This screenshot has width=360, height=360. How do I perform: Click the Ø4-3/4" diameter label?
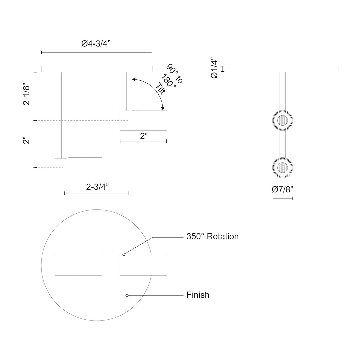pyautogui.click(x=97, y=44)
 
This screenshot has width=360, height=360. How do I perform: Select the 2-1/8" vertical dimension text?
pyautogui.click(x=27, y=95)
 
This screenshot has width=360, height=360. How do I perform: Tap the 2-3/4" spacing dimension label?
pyautogui.click(x=96, y=187)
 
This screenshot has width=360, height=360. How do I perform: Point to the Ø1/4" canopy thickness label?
pyautogui.click(x=214, y=69)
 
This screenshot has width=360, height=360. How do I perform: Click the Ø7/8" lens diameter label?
pyautogui.click(x=283, y=190)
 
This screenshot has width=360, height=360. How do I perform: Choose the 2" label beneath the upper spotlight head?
pyautogui.click(x=143, y=136)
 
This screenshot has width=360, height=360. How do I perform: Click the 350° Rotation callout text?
pyautogui.click(x=212, y=237)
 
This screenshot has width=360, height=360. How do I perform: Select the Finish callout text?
pyautogui.click(x=198, y=295)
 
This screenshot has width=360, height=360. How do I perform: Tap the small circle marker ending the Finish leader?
pyautogui.click(x=127, y=295)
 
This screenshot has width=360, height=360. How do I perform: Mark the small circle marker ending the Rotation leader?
pyautogui.click(x=124, y=254)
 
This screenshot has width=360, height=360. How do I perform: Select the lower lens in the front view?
pyautogui.click(x=283, y=167)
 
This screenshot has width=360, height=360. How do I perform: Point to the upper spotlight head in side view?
pyautogui.click(x=143, y=120)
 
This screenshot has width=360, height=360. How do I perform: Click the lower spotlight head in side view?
pyautogui.click(x=79, y=168)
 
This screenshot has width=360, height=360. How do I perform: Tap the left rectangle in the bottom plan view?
pyautogui.click(x=78, y=265)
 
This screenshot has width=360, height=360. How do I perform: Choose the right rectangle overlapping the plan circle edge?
pyautogui.click(x=143, y=265)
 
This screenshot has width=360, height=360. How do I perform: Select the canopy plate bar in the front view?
pyautogui.click(x=283, y=69)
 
